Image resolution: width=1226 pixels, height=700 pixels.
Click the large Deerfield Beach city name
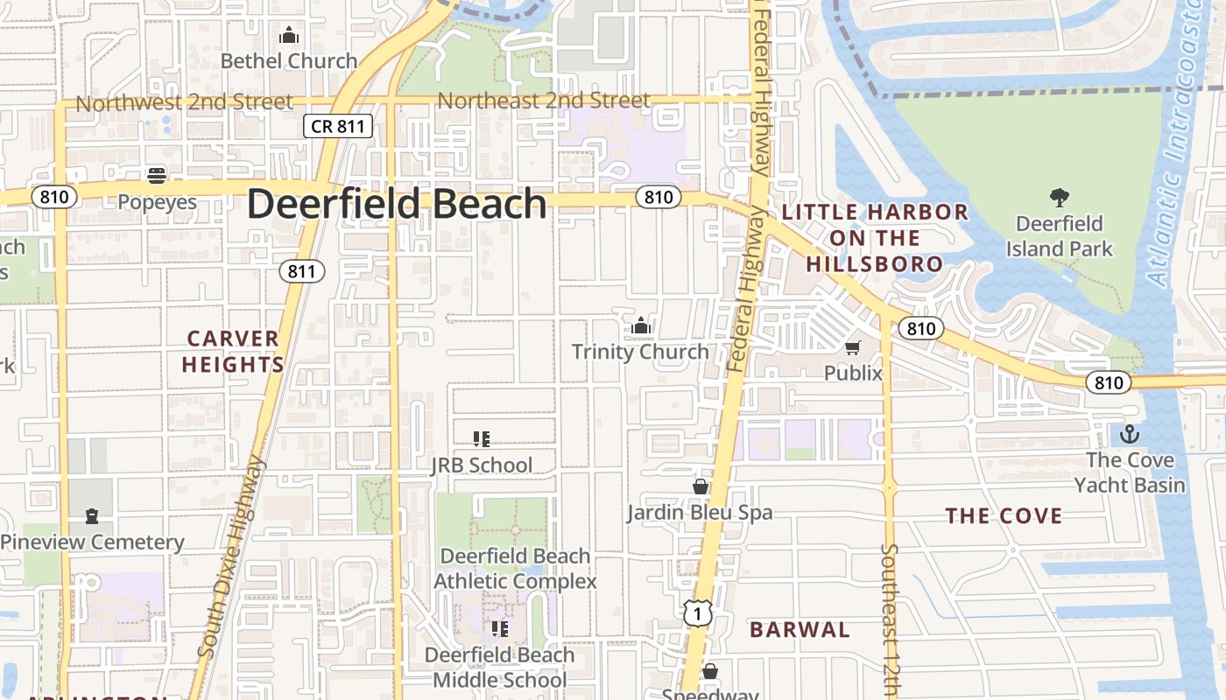click(x=397, y=204)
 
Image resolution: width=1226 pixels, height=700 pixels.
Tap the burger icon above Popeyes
click(x=157, y=176)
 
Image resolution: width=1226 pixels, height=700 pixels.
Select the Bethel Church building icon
click(x=288, y=36)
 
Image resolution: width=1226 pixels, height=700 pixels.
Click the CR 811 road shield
click(x=338, y=126)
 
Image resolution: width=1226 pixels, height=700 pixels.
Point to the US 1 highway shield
click(x=697, y=613)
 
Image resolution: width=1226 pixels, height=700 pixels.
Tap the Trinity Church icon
click(x=641, y=326)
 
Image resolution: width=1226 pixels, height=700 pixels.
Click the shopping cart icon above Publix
click(x=853, y=347)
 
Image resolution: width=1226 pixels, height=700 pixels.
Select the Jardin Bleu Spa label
click(x=700, y=512)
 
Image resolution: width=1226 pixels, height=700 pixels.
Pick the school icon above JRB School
click(x=481, y=438)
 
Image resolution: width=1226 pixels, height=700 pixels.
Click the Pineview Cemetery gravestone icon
click(x=92, y=516)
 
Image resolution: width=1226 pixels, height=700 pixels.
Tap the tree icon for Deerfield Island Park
click(x=1060, y=197)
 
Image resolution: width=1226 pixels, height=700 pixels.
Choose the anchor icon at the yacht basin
click(x=1130, y=434)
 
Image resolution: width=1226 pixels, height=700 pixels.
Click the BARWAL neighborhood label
click(x=800, y=629)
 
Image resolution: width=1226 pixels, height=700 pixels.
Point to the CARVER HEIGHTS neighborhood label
click(x=232, y=351)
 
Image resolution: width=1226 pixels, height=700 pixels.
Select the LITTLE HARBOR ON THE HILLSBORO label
click(x=875, y=237)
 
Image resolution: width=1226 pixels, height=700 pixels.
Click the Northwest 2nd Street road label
click(x=184, y=102)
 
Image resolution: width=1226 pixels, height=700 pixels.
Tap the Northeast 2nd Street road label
click(x=544, y=101)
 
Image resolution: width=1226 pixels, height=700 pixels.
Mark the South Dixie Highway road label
click(x=231, y=556)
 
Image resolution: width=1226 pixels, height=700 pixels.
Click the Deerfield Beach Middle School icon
click(x=500, y=629)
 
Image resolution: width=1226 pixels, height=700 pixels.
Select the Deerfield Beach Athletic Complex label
click(x=515, y=568)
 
